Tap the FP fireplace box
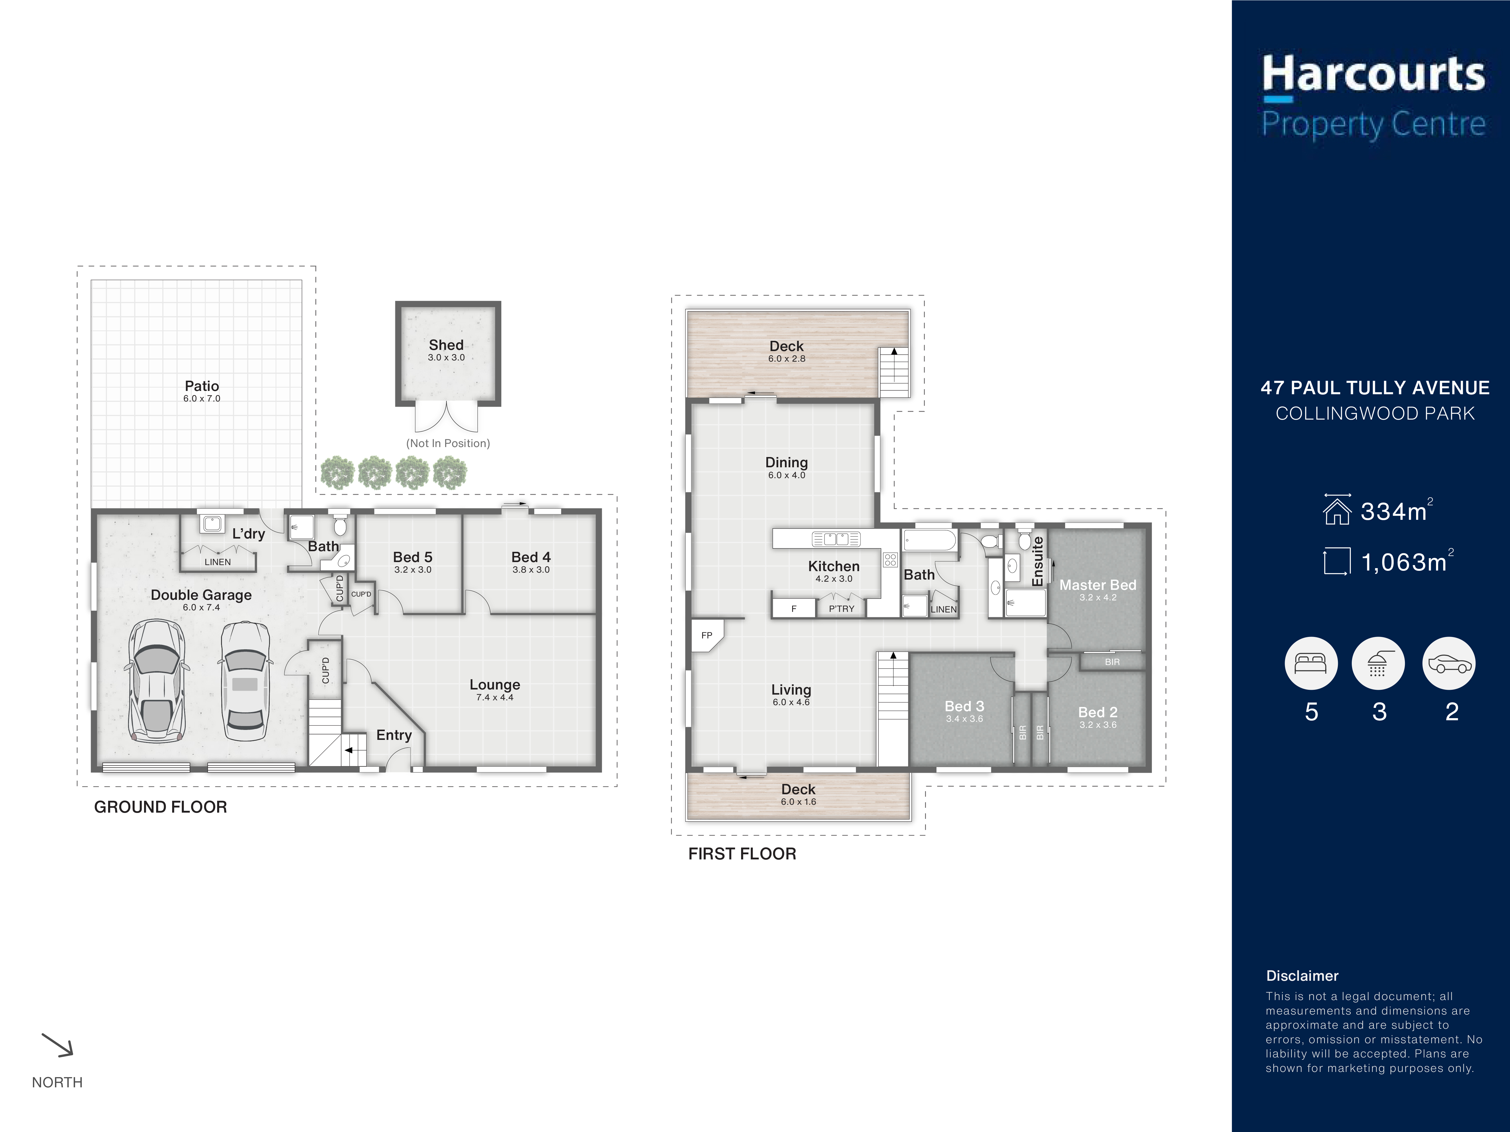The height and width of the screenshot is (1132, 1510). [x=707, y=635]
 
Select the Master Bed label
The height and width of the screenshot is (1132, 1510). [x=1098, y=585]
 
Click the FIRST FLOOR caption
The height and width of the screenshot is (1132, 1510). [x=742, y=854]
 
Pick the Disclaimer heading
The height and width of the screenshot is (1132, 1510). [x=1302, y=976]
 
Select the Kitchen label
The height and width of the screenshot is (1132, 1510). [x=834, y=566]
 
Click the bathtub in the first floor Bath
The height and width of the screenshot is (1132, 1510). [x=930, y=540]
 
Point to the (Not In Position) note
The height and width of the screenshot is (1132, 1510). [x=448, y=443]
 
